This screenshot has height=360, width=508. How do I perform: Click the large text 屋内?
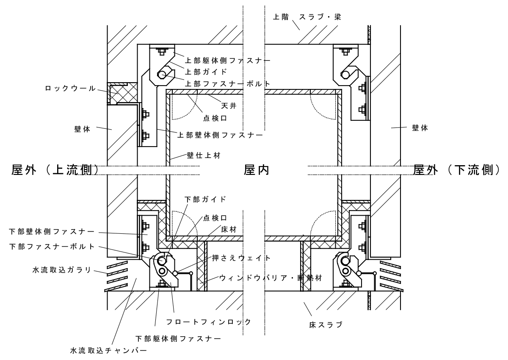click(257, 170)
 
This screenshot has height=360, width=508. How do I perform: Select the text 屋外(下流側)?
click(457, 170)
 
